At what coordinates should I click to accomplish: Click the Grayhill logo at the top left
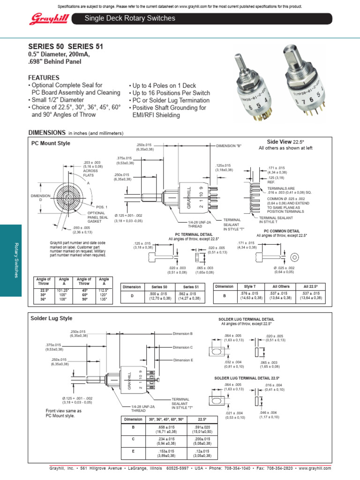46,19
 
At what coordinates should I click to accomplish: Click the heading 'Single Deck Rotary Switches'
130,18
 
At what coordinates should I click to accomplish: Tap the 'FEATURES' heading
44,77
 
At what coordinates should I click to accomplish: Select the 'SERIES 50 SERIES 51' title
66,46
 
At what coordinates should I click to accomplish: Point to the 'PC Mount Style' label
51,143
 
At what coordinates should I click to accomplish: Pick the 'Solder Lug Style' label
52,318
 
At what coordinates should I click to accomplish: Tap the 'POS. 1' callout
102,207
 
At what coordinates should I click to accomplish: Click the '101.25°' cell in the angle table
64,291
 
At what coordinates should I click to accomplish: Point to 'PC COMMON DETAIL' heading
281,232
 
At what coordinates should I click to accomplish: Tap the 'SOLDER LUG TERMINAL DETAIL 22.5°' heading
246,377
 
